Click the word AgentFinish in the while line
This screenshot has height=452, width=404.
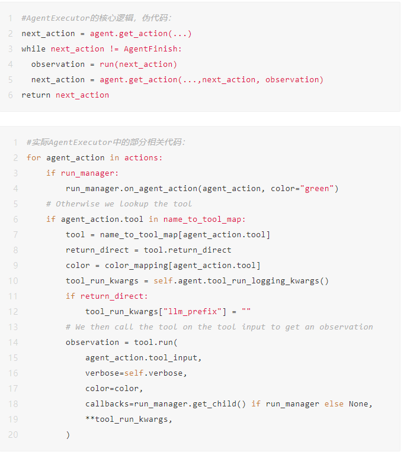coord(153,49)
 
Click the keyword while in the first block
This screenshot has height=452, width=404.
coord(34,49)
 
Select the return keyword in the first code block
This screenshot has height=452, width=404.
coord(36,95)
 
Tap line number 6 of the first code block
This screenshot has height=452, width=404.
coord(11,95)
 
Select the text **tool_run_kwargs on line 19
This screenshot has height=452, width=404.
coord(129,419)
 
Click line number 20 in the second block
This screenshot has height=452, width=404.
coord(13,435)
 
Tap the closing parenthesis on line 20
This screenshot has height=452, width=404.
coord(68,435)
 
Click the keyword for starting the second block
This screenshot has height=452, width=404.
coord(34,158)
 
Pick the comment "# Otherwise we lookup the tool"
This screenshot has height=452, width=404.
coord(119,204)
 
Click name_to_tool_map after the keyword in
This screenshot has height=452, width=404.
coord(204,219)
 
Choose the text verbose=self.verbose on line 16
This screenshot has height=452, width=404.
coord(136,373)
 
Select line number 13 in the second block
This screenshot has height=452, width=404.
coord(13,327)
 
